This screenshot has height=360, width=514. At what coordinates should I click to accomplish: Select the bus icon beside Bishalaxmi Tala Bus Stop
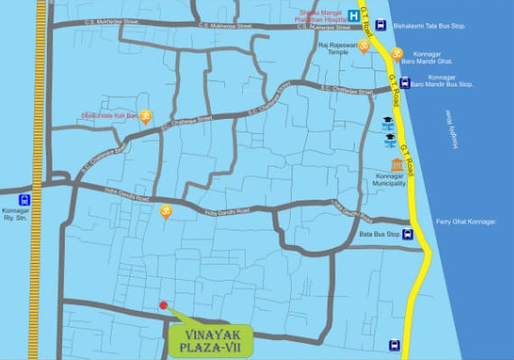tap(381, 25)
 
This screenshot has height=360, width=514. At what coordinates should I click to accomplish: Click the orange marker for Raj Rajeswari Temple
tap(364, 46)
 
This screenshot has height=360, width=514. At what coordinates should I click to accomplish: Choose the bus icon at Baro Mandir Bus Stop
tap(405, 83)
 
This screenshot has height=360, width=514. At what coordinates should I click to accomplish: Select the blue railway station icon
tap(24, 200)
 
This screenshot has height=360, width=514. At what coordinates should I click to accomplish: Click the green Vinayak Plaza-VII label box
tap(211, 340)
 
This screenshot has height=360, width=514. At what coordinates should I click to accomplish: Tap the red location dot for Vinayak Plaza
tap(163, 305)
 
